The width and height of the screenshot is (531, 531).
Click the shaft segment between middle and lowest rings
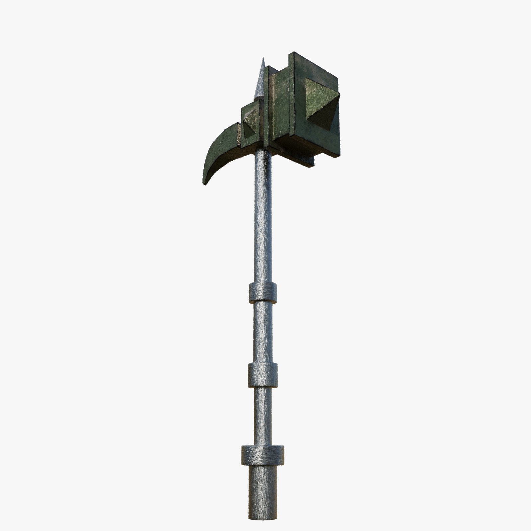263,415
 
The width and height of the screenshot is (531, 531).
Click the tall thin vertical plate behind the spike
270,106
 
